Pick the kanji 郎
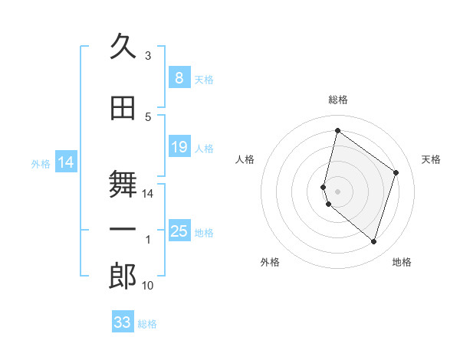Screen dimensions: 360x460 pos(123,276)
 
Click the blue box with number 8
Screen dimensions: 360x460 pos(179,78)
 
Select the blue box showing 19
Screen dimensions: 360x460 pos(179,147)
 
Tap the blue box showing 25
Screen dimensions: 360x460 pos(179,231)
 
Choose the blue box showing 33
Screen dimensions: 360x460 pos(123,322)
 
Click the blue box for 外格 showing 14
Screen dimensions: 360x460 pos(66,162)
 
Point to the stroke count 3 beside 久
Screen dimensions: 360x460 pos(148,56)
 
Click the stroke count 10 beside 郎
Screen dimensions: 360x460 pos(148,286)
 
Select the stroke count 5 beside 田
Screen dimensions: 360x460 pos(148,116)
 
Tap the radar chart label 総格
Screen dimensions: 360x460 pos(338,100)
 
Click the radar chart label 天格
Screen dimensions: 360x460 pos(431,159)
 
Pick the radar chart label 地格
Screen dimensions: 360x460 pos(402,262)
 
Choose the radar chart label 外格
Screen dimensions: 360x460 pos(270,262)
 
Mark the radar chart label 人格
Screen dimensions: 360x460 pos(245,159)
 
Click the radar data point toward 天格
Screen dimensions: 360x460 pos(396,172)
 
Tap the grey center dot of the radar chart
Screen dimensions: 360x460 pos(338,191)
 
